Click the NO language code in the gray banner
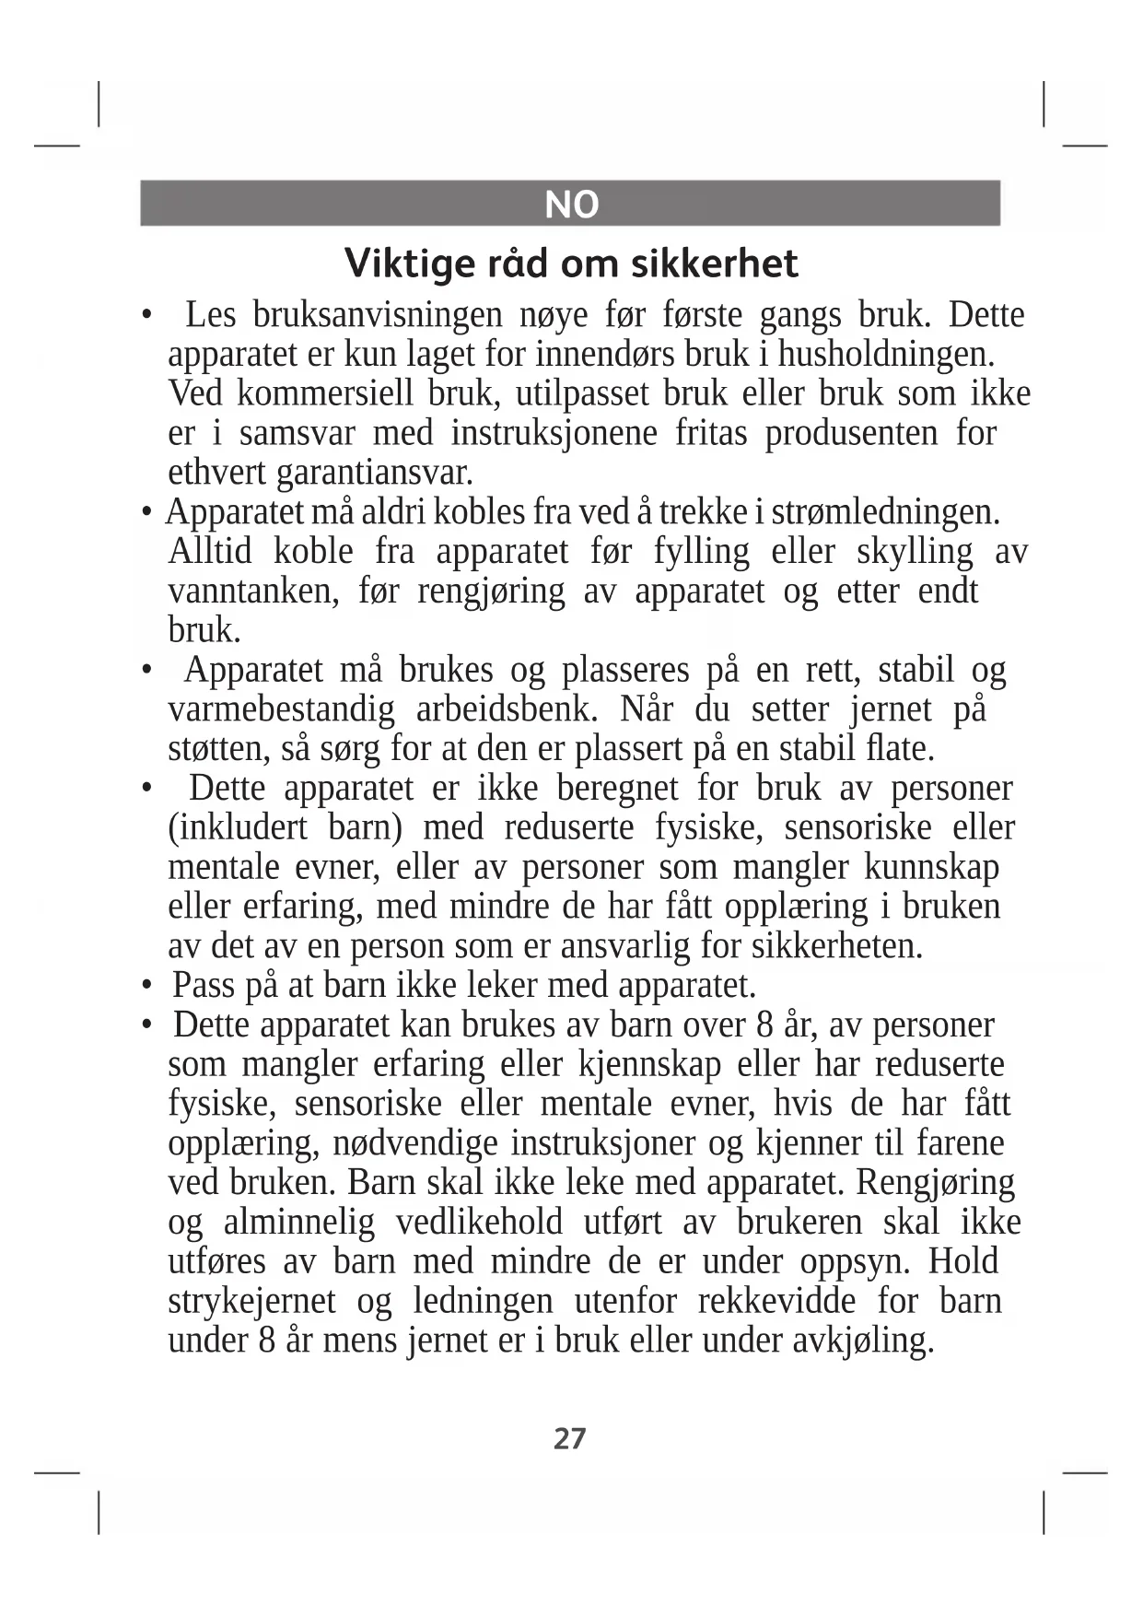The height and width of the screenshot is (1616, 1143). [571, 205]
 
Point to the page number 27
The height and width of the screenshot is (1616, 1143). [569, 1438]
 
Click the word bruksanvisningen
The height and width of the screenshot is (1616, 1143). [378, 315]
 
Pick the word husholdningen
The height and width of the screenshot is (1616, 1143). [886, 355]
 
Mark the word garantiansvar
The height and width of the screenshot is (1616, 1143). [375, 474]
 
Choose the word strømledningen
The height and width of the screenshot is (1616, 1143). [885, 512]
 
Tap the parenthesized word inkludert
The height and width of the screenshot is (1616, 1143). [238, 828]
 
